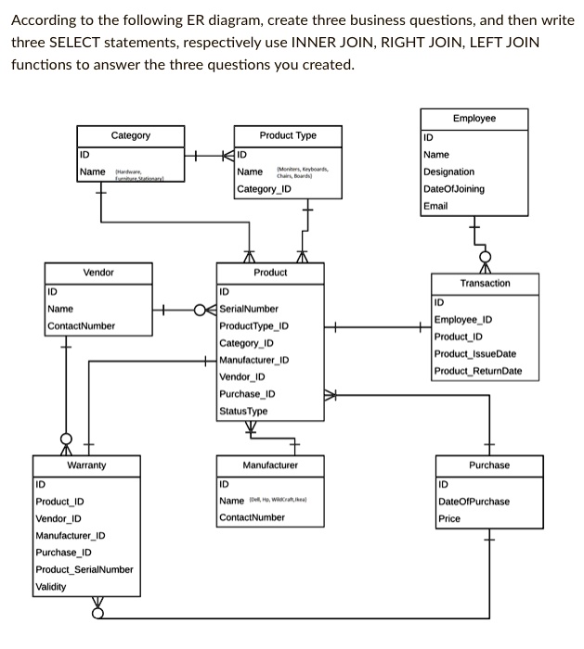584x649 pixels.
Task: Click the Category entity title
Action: tap(130, 135)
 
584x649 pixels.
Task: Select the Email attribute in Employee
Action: tap(435, 206)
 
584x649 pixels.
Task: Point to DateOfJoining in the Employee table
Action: tap(453, 189)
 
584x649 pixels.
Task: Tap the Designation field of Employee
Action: tap(448, 172)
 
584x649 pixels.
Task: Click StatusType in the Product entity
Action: tap(243, 411)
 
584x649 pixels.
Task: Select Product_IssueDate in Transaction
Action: tap(474, 354)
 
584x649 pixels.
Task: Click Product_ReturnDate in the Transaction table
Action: tap(477, 371)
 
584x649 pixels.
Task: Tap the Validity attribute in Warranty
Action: tap(53, 586)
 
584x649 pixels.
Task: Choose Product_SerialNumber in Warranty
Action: tap(84, 569)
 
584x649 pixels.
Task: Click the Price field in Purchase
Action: tap(449, 518)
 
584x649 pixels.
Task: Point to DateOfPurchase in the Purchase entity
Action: tap(474, 502)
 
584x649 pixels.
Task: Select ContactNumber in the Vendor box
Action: tap(82, 325)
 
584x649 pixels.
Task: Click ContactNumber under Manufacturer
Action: tap(252, 517)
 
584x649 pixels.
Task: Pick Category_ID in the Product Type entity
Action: tap(264, 189)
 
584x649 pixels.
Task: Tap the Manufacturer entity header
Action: tap(270, 464)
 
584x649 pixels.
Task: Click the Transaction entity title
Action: tap(485, 283)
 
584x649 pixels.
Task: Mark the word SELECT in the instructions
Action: tap(79, 43)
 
